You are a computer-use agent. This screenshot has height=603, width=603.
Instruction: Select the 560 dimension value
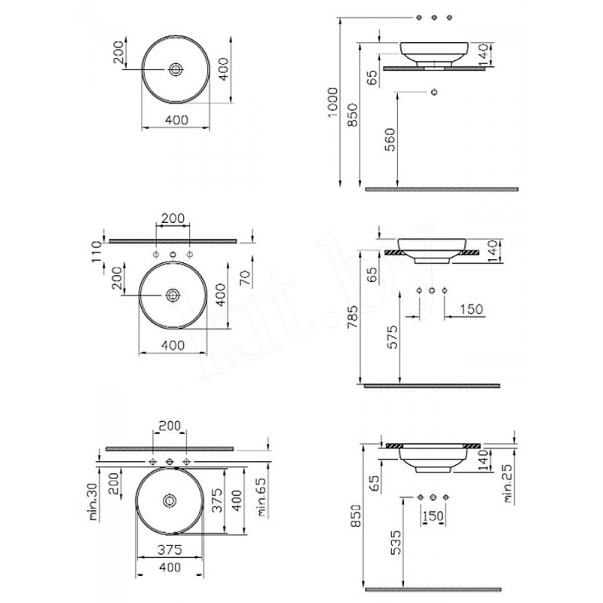(390, 140)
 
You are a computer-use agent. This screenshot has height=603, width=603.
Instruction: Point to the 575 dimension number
(393, 337)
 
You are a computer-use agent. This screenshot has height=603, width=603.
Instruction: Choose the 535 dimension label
(396, 543)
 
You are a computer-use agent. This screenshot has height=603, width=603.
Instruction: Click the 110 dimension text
(96, 252)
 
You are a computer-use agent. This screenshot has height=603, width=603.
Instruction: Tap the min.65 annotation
(262, 497)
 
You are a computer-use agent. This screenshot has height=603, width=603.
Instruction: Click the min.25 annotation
(508, 483)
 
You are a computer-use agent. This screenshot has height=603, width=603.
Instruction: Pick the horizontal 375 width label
(170, 550)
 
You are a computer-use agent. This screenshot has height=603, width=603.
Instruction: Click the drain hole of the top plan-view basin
(176, 69)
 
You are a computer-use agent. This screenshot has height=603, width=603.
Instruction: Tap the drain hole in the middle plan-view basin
(173, 295)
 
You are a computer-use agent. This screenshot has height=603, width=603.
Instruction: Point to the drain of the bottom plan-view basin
(170, 500)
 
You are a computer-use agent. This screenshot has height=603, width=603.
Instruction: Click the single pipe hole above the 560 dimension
(435, 92)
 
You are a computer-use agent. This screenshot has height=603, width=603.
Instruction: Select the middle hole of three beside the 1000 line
(435, 17)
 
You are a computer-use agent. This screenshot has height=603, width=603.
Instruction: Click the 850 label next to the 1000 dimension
(353, 115)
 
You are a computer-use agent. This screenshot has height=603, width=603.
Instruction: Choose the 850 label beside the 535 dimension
(356, 516)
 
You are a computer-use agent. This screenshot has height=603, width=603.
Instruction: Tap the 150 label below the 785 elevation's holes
(470, 309)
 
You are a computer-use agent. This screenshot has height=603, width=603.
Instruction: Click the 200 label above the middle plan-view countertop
(173, 219)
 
